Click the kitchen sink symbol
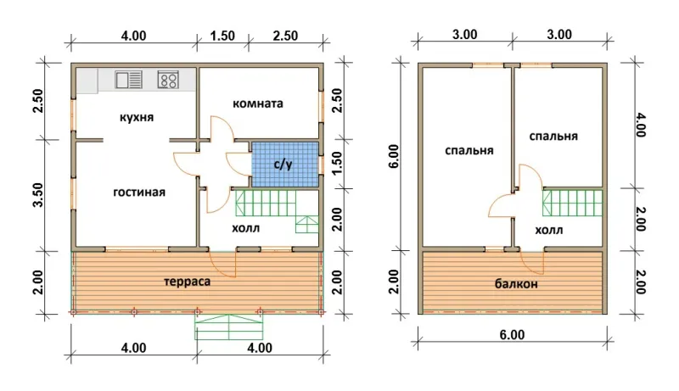(129, 80)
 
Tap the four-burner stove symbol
(168, 80)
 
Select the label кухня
(137, 118)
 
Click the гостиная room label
(139, 192)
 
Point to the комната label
(258, 103)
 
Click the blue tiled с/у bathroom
(285, 165)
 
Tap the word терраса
(188, 282)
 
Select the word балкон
(516, 284)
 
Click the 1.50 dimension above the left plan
(222, 36)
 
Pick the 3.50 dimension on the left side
(38, 194)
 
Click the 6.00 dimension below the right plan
(512, 335)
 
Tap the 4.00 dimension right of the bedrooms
(641, 125)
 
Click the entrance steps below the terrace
(229, 327)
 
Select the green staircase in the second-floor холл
(572, 203)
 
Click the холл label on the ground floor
(246, 228)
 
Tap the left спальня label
(469, 150)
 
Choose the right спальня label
(553, 137)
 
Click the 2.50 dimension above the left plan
(285, 36)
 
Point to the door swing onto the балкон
(532, 263)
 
